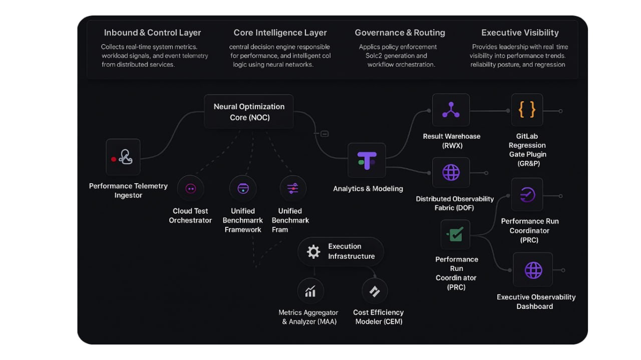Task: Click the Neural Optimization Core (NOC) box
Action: tap(249, 112)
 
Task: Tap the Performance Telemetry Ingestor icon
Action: tap(123, 157)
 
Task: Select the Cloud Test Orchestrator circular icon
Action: tap(190, 189)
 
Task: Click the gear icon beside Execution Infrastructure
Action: tap(313, 251)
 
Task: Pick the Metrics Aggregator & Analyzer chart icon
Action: tap(310, 291)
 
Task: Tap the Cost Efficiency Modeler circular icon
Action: tap(375, 291)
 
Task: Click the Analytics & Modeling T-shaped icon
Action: tap(367, 160)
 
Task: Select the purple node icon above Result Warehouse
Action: tap(451, 110)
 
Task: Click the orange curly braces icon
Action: tap(527, 110)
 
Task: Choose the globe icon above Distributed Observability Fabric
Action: tap(451, 173)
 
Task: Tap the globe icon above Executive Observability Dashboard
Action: tap(533, 270)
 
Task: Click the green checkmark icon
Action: tap(455, 234)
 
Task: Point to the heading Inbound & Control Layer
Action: tap(152, 33)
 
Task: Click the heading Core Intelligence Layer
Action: tap(280, 33)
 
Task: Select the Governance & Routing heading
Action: tap(400, 33)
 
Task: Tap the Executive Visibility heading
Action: tap(520, 33)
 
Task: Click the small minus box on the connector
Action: tap(325, 134)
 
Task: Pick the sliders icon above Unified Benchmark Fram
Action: tap(293, 189)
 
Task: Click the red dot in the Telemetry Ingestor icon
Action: tap(114, 159)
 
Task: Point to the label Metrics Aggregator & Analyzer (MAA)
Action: tap(309, 317)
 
